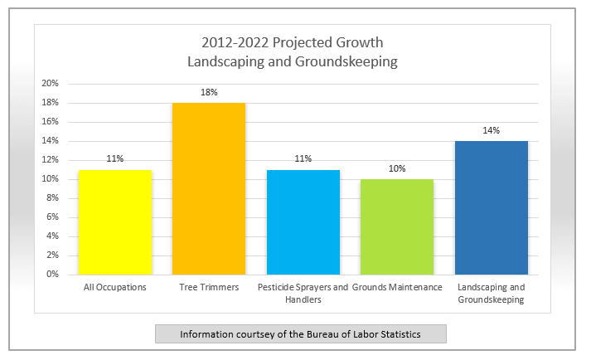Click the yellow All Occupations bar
[x=115, y=222]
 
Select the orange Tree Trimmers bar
[x=209, y=188]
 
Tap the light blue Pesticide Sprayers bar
[x=303, y=222]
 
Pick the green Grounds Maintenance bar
[x=397, y=226]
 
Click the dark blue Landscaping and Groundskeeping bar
[x=491, y=208]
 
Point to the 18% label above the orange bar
[x=209, y=92]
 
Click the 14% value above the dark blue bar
[x=491, y=130]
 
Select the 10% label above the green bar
[x=397, y=168]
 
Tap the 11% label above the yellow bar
[x=115, y=159]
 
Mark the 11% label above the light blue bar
[x=303, y=159]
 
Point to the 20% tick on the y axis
[x=50, y=84]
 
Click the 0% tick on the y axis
[x=52, y=275]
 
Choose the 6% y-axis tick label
[x=52, y=217]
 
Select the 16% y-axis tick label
[x=50, y=121]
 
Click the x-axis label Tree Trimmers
[x=209, y=287]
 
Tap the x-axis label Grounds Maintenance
[x=397, y=287]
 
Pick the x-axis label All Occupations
[x=115, y=288]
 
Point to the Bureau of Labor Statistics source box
[x=301, y=334]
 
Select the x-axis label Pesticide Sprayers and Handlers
[x=303, y=293]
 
